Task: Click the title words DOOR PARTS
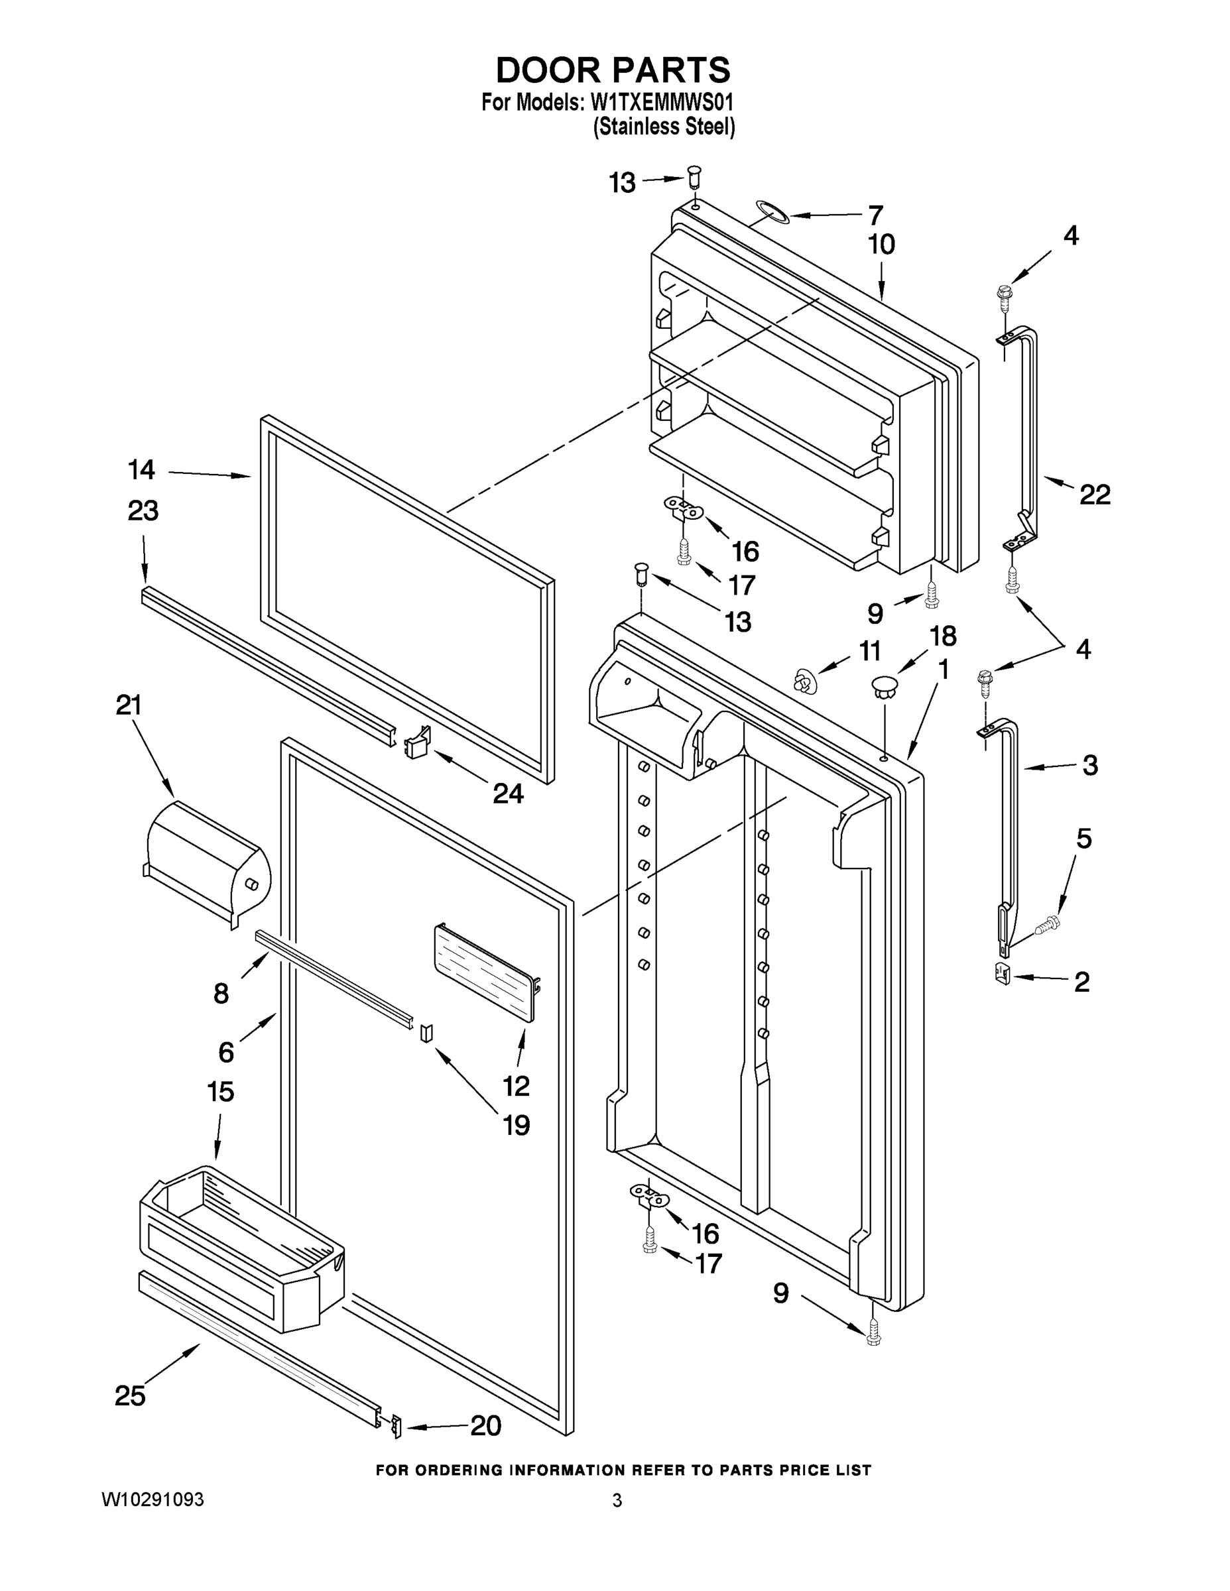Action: coord(613,71)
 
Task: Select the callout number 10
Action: coord(881,245)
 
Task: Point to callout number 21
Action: coord(129,705)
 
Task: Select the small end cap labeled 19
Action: coord(426,1033)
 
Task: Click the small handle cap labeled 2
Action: coord(1002,973)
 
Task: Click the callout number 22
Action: coord(1095,495)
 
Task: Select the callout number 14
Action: coord(141,470)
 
